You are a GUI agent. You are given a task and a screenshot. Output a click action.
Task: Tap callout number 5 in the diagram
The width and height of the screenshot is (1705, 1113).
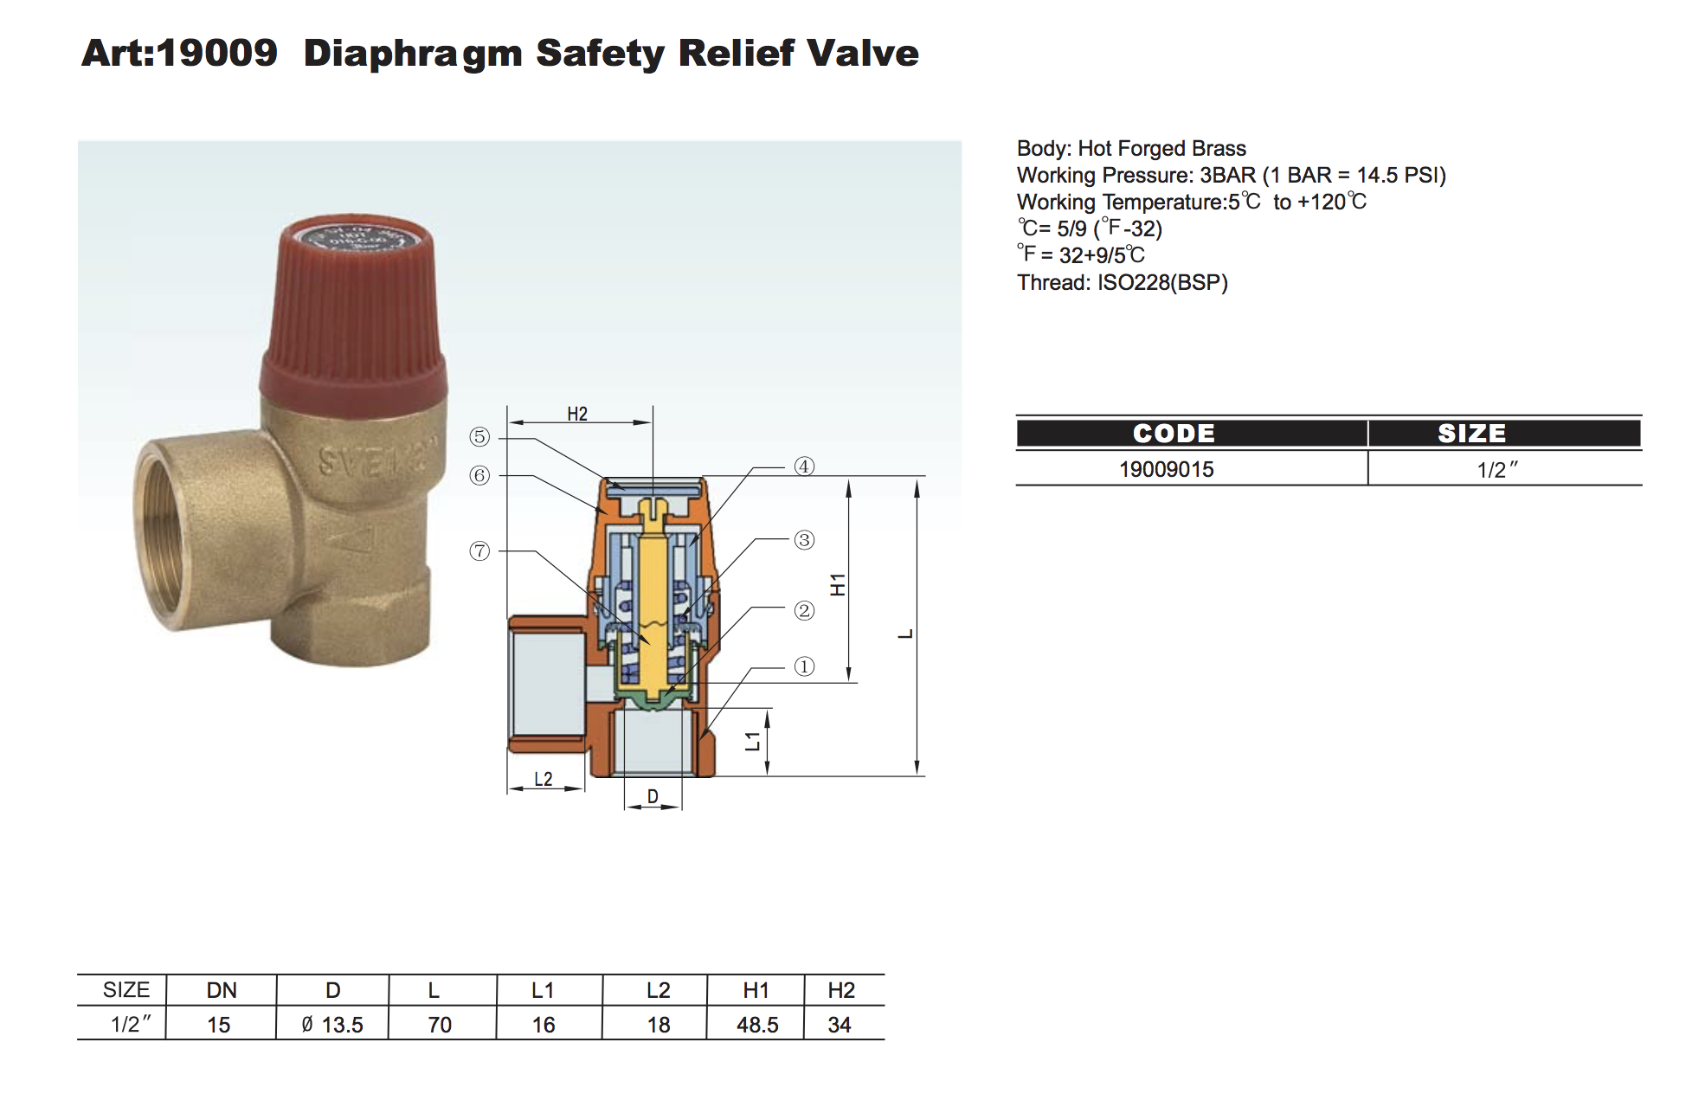pyautogui.click(x=479, y=437)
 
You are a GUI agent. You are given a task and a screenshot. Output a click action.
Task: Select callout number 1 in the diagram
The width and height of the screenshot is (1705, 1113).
pyautogui.click(x=804, y=666)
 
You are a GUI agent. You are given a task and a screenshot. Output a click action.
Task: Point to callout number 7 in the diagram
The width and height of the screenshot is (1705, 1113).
pyautogui.click(x=479, y=551)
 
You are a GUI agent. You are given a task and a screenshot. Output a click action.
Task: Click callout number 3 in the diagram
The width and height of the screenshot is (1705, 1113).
pyautogui.click(x=804, y=540)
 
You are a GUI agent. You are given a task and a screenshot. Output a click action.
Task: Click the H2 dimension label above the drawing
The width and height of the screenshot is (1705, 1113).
pyautogui.click(x=577, y=415)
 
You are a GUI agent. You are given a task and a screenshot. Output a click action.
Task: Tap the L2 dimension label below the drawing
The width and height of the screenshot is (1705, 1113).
pyautogui.click(x=543, y=779)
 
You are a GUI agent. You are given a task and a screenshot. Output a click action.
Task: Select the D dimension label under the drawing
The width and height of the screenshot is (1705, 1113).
pyautogui.click(x=653, y=796)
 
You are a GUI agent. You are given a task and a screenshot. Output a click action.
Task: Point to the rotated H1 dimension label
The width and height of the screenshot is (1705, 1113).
pyautogui.click(x=838, y=585)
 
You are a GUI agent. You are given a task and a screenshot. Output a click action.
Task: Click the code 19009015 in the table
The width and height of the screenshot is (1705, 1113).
pyautogui.click(x=1166, y=469)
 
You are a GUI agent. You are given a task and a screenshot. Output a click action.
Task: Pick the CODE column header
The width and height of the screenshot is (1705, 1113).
pyautogui.click(x=1174, y=433)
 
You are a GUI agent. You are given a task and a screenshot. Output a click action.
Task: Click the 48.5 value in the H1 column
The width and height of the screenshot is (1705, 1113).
pyautogui.click(x=757, y=1025)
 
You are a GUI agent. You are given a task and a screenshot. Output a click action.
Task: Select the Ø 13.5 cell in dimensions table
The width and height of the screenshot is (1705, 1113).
pyautogui.click(x=332, y=1025)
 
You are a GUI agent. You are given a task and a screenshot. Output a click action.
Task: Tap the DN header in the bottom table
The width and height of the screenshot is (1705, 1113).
pyautogui.click(x=222, y=990)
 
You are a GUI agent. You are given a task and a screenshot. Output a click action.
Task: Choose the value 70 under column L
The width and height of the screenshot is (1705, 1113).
pyautogui.click(x=440, y=1025)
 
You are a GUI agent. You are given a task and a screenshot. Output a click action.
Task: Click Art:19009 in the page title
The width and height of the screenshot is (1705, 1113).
pyautogui.click(x=179, y=53)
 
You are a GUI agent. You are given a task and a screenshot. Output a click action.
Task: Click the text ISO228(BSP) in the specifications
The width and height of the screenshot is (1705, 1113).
pyautogui.click(x=1162, y=282)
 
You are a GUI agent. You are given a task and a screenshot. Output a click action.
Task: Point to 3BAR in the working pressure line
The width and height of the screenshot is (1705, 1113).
pyautogui.click(x=1227, y=175)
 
